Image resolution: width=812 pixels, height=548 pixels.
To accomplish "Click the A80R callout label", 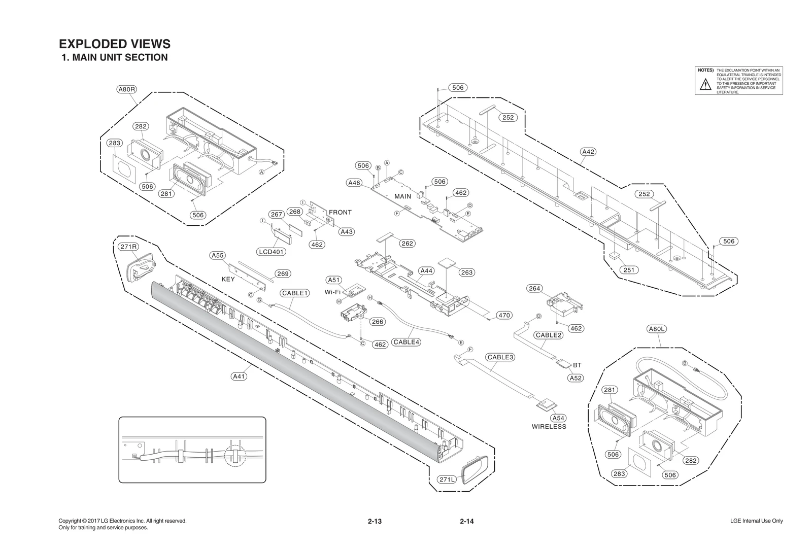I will [x=126, y=90].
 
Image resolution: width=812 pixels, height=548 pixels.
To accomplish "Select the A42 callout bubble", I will [x=588, y=152].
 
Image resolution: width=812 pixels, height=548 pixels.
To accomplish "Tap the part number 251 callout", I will [x=629, y=270].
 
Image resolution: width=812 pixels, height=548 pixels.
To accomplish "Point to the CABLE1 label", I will [x=295, y=293].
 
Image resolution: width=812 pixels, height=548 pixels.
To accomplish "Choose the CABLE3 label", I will [x=500, y=357].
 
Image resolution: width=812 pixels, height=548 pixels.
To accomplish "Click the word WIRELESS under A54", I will [x=549, y=427].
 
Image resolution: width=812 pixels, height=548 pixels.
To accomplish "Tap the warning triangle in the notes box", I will [x=705, y=85].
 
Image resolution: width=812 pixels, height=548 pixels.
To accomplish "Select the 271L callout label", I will [x=447, y=479].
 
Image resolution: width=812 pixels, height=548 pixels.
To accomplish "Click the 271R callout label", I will [x=128, y=247].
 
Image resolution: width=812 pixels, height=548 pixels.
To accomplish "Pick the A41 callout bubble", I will [x=239, y=376].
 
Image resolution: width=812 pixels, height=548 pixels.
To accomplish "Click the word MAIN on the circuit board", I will [x=403, y=196].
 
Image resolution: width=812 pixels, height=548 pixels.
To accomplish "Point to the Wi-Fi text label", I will [x=332, y=292].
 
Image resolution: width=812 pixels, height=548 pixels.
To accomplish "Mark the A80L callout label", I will [x=657, y=329].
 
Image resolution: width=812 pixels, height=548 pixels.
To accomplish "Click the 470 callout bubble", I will [x=504, y=315].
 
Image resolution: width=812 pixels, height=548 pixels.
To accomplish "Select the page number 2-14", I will [x=466, y=521].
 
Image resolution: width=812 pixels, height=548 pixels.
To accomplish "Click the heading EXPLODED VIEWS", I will [x=115, y=44].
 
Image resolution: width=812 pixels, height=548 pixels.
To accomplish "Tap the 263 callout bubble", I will [x=466, y=272].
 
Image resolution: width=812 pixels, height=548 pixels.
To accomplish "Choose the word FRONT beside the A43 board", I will [x=340, y=212].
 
